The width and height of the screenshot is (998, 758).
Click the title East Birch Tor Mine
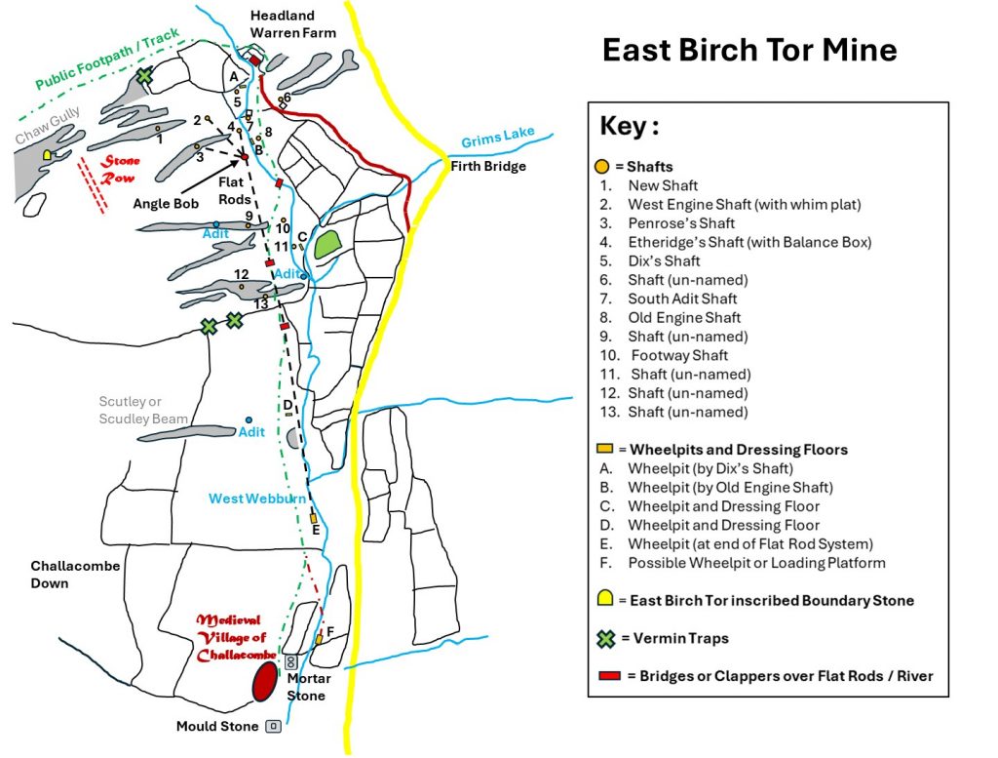(x=748, y=50)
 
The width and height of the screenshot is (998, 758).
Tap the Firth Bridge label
(x=488, y=167)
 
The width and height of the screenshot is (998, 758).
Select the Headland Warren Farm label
(x=292, y=24)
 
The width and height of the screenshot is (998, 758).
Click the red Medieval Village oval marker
(x=263, y=682)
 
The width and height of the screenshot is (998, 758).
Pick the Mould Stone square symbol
(x=274, y=727)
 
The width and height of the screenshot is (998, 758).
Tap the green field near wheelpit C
(x=326, y=245)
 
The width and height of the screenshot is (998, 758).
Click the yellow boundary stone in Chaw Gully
(x=48, y=155)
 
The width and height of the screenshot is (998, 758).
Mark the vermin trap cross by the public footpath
(x=145, y=75)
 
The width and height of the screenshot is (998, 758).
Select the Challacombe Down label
(x=63, y=574)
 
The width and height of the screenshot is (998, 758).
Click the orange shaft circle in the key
(x=602, y=167)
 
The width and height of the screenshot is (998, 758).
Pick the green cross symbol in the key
(x=605, y=639)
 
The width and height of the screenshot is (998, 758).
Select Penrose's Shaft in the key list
(x=668, y=223)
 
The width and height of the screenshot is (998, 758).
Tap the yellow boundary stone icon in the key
(x=605, y=599)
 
